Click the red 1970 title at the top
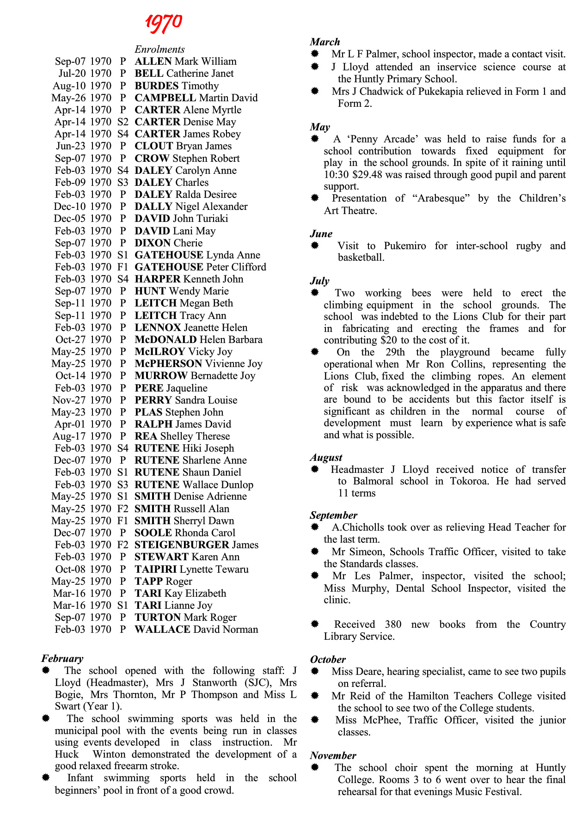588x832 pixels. (x=164, y=23)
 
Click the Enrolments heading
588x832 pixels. (x=159, y=49)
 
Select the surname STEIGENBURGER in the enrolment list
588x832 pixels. (x=182, y=545)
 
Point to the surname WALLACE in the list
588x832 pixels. (x=162, y=630)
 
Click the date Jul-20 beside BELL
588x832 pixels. (x=72, y=73)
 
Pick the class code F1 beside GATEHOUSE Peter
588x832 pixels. (x=122, y=267)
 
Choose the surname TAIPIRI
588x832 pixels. (x=155, y=569)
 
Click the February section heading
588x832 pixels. (x=62, y=659)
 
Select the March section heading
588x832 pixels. (x=325, y=42)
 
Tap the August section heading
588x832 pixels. (x=326, y=458)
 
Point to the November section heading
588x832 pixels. (x=333, y=756)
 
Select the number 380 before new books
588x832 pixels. (x=393, y=624)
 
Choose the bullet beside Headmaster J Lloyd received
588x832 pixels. (x=315, y=470)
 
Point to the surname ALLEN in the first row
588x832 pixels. (x=153, y=61)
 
